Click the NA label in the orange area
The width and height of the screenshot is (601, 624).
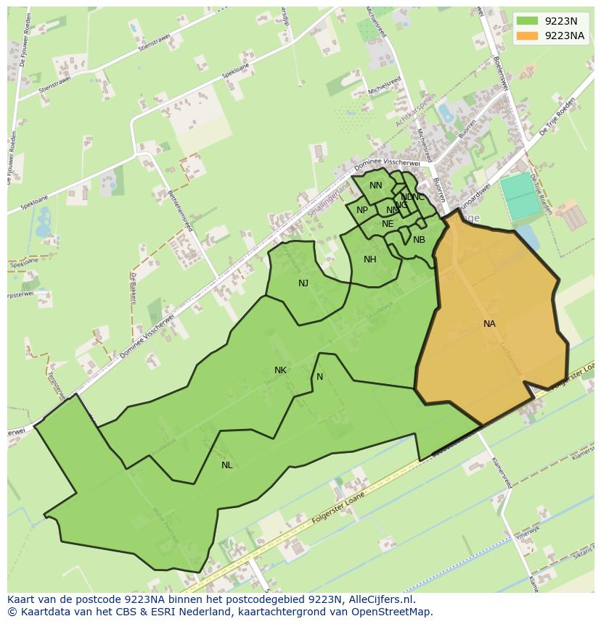point(489,324)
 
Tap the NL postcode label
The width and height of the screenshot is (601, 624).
point(227,465)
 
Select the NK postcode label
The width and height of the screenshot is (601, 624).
point(280,370)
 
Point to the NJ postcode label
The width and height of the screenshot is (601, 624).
point(303,283)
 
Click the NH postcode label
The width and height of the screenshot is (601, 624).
point(370,259)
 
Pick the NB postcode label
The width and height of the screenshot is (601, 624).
point(419,240)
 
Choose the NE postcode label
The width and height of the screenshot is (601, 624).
point(388,224)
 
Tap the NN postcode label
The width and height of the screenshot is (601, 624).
point(375,186)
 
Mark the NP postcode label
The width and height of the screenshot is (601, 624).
point(362,210)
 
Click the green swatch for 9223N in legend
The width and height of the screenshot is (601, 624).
point(528,22)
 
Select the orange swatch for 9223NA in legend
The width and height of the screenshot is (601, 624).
point(528,36)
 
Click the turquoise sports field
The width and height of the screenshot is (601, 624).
point(522,196)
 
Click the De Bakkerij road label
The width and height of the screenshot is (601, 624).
point(134,288)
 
